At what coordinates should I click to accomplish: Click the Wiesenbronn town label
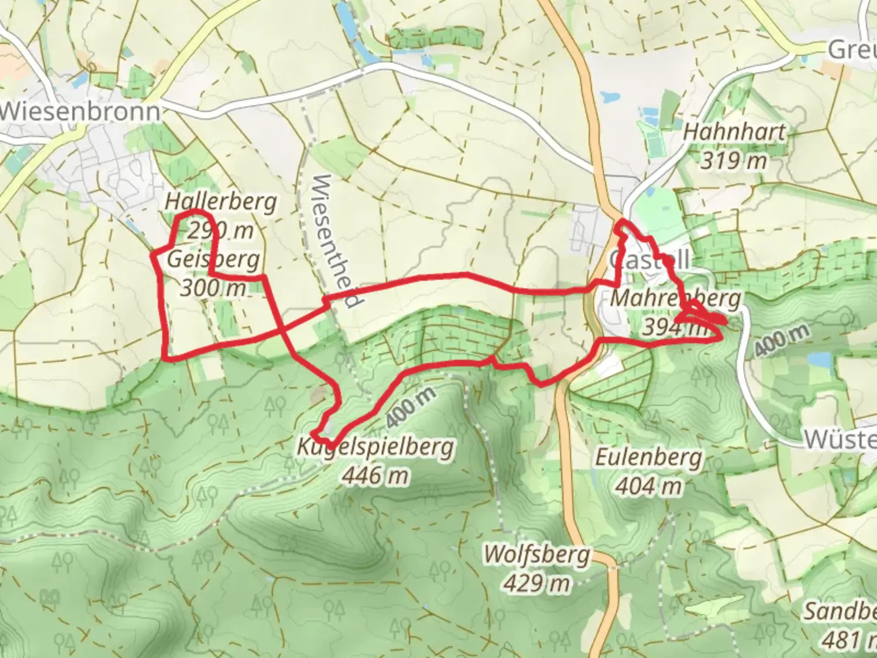[80, 111]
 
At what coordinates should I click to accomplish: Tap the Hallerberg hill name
[220, 202]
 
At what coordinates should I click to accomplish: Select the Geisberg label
[213, 260]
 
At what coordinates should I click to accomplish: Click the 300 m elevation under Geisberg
[213, 287]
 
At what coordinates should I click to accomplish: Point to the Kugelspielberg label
[375, 447]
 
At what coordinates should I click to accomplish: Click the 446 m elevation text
[375, 475]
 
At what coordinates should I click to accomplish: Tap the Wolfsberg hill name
[537, 555]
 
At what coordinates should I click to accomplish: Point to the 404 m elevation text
[648, 486]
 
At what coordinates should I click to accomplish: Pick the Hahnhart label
[734, 132]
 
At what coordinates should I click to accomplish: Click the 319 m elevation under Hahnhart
[733, 160]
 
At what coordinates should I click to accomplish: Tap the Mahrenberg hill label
[675, 299]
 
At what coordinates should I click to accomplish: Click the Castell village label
[649, 261]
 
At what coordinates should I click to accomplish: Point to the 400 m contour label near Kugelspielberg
[411, 406]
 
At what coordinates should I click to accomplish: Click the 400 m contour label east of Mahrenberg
[782, 340]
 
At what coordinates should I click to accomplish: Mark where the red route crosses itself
[282, 331]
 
